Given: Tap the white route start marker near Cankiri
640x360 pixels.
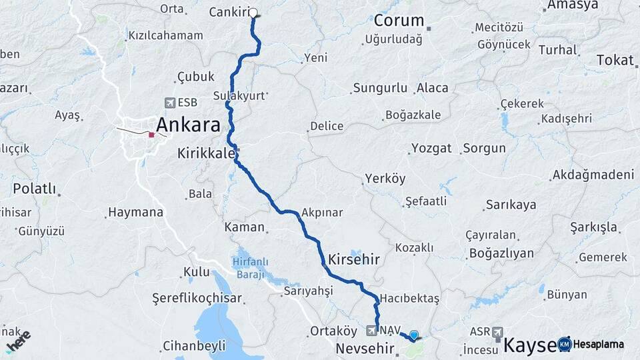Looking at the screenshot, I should tap(253, 12).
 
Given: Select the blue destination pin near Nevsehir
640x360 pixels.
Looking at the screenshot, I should tap(414, 335).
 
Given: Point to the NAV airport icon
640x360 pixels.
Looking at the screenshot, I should tap(372, 330).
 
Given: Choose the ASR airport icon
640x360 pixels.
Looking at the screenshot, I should tap(499, 331).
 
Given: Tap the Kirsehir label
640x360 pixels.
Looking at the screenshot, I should tap(353, 259).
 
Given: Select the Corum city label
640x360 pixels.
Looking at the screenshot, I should tap(399, 20).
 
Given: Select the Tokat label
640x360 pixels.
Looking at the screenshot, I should tap(615, 60).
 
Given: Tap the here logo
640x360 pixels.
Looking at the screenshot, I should tap(18, 342).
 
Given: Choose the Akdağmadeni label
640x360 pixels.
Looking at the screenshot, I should tap(593, 175).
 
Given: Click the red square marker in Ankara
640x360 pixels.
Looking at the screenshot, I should tap(152, 135).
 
